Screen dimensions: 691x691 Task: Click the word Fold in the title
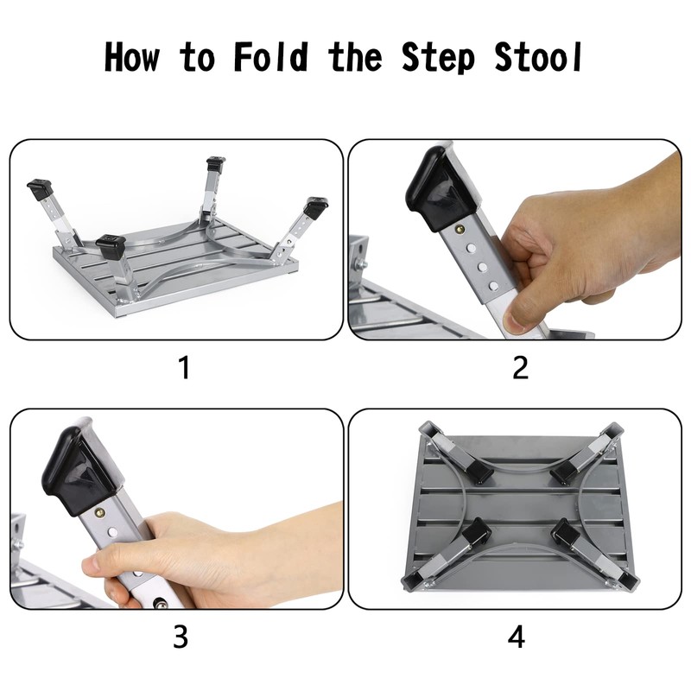[x=271, y=57]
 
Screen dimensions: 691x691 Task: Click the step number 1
[x=183, y=368]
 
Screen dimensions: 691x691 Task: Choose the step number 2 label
[x=520, y=368]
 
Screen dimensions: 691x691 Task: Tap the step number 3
[x=181, y=637]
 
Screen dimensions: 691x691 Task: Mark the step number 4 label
[x=517, y=637]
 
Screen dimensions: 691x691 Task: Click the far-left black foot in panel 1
[x=40, y=187]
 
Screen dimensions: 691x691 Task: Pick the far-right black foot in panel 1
[x=316, y=206]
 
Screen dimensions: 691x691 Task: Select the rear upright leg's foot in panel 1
[x=216, y=162]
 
